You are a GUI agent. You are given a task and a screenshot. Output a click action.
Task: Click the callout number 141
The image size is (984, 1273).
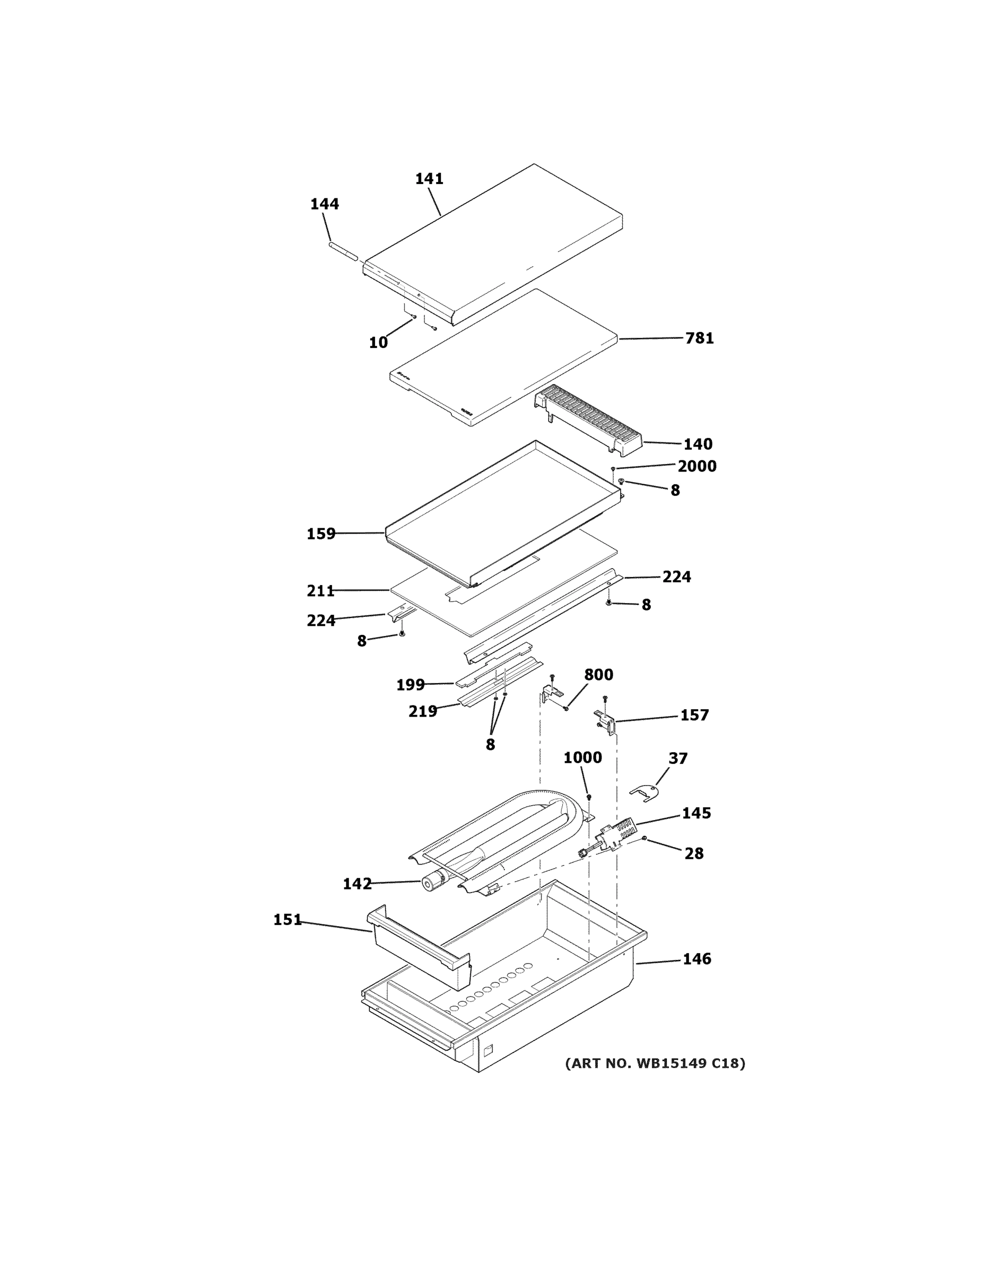429,179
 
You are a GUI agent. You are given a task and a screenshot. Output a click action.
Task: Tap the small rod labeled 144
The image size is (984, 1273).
343,254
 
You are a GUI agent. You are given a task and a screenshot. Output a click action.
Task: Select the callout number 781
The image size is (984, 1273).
699,338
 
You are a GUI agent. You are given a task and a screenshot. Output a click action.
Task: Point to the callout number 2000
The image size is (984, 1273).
696,466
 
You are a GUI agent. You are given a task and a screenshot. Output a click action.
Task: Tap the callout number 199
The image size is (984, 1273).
411,685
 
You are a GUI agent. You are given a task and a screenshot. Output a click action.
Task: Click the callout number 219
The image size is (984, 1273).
423,711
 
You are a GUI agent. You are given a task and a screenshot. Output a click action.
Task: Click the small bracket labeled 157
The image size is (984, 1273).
605,720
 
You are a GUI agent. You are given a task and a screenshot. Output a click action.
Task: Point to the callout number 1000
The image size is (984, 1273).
582,758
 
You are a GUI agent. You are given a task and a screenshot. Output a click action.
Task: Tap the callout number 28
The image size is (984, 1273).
694,853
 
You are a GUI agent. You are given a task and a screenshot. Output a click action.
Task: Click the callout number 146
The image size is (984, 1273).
696,959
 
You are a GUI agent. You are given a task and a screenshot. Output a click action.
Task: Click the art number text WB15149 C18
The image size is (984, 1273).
655,1063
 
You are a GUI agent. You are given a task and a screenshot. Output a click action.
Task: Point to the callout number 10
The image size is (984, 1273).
378,343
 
